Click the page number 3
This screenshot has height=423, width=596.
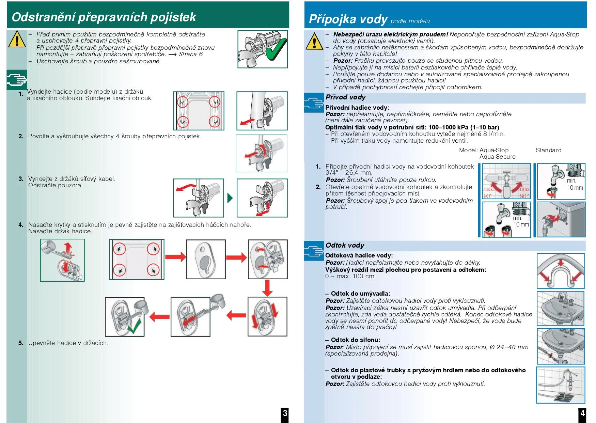tap(285, 413)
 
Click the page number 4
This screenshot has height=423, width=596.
tap(583, 413)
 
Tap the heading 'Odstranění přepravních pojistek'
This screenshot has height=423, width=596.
tap(104, 17)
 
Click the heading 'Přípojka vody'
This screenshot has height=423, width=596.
tap(348, 19)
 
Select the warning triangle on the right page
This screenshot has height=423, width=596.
tap(314, 41)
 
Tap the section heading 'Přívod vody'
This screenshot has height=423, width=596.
tap(345, 97)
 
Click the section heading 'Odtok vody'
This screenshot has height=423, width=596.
tap(345, 245)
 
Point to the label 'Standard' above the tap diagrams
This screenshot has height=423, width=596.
tap(548, 150)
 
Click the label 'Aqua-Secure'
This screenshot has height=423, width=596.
tap(497, 157)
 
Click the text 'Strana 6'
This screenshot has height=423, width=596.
tap(191, 54)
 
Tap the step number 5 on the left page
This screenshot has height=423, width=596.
tap(21, 343)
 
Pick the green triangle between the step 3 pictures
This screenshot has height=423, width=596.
tap(230, 198)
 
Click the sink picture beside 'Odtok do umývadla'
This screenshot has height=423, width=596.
tap(560, 309)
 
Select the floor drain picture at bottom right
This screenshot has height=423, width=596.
tap(560, 385)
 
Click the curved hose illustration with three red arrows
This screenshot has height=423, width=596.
tap(560, 271)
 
